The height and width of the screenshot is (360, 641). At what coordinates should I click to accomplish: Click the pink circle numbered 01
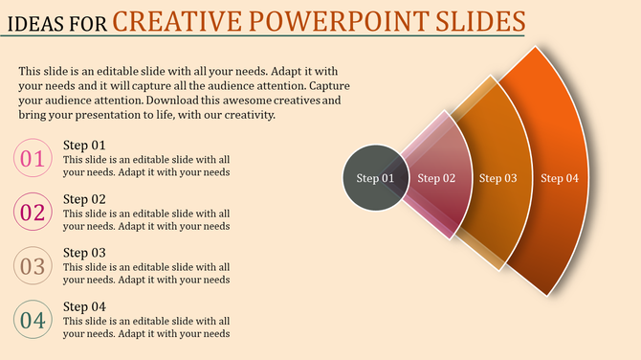click(x=33, y=159)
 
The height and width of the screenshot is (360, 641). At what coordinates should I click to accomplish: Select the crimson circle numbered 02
click(x=33, y=213)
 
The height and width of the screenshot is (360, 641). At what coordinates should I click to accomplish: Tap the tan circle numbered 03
click(x=33, y=266)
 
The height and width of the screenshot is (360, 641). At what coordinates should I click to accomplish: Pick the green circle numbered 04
click(x=33, y=320)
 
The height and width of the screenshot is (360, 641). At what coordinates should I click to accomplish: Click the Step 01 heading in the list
click(x=84, y=146)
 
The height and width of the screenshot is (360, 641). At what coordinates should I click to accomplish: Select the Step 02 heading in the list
click(x=84, y=199)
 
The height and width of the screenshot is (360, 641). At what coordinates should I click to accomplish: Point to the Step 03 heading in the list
click(x=84, y=253)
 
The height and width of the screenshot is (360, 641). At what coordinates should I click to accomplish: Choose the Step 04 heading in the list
click(x=84, y=306)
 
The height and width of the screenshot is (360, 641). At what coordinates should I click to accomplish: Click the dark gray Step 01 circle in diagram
click(x=375, y=178)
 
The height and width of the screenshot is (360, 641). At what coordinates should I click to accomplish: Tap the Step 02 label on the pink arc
click(x=436, y=178)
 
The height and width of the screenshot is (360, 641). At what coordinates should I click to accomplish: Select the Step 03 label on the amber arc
click(x=497, y=178)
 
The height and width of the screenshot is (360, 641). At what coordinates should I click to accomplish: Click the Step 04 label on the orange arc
click(x=559, y=178)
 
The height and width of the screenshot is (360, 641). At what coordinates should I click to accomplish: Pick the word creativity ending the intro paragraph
click(x=247, y=115)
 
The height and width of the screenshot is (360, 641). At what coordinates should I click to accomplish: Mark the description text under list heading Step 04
click(x=145, y=327)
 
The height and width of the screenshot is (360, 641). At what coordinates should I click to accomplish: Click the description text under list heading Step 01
click(x=145, y=167)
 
